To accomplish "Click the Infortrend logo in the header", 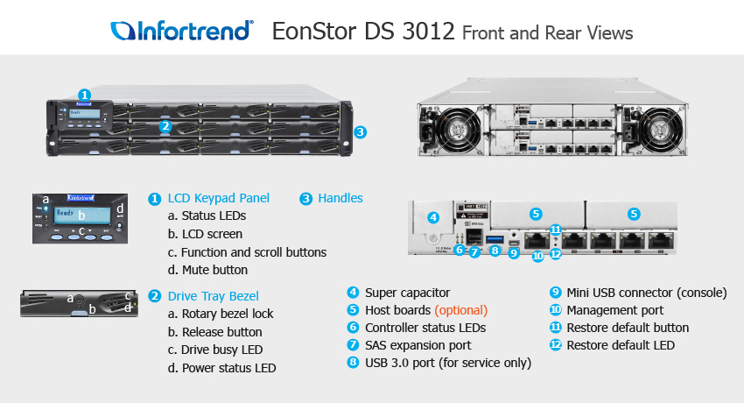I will [182, 32].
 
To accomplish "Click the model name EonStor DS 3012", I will [363, 32].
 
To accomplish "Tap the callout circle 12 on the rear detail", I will [555, 254].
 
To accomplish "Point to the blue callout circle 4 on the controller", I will [432, 217].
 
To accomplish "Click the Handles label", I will [340, 198].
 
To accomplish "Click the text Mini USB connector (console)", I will [647, 293].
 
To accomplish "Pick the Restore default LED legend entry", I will [621, 345].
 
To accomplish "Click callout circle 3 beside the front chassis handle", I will [360, 132].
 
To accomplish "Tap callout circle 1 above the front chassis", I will [84, 95].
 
